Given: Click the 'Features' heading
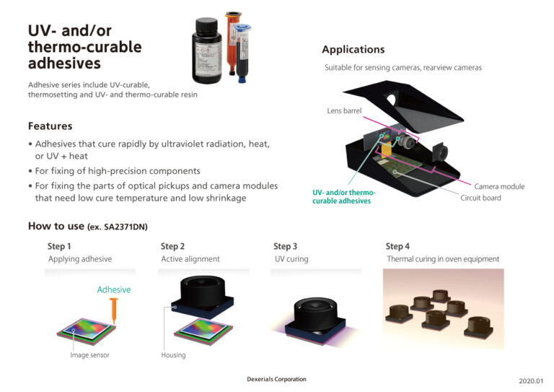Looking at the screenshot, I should [50, 126].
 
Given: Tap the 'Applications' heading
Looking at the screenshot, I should [353, 49].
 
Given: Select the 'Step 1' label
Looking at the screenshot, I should [59, 246].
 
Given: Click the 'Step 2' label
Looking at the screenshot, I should [172, 246].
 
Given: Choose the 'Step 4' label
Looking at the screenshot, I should [397, 246].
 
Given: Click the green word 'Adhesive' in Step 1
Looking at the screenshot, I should [114, 289].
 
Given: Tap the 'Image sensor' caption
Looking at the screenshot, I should [89, 355].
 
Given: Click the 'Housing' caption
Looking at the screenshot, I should [173, 355].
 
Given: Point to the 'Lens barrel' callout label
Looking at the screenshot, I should [345, 111].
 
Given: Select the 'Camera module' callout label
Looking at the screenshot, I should [499, 186].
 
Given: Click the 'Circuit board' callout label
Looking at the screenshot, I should [480, 198].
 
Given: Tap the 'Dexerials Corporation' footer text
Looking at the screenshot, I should [276, 379].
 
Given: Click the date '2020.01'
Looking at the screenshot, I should [529, 380].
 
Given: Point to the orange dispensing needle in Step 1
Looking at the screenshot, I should [114, 310].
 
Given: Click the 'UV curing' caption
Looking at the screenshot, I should [291, 259].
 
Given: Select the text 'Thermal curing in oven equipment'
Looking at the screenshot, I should [443, 259].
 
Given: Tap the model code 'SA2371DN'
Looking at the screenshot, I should [122, 227].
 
